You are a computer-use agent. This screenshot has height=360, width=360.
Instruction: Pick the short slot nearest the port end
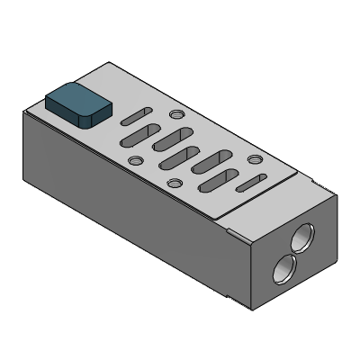(249, 184)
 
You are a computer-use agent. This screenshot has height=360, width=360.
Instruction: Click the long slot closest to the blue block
(134, 136)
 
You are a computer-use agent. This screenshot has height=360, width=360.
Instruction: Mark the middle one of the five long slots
(178, 157)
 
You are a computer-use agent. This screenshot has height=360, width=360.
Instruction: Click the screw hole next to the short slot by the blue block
(177, 116)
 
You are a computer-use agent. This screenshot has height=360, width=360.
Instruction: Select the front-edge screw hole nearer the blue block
(135, 162)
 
